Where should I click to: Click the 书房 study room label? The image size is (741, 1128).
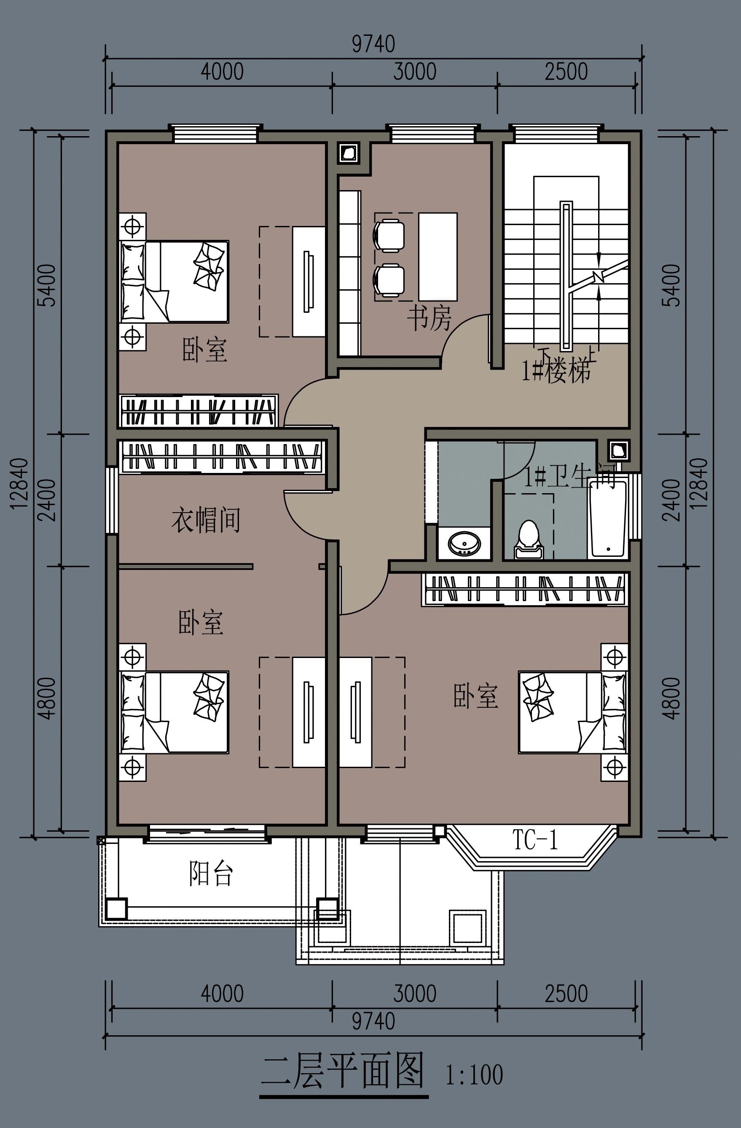point(429,317)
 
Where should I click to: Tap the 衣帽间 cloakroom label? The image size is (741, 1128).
point(206,520)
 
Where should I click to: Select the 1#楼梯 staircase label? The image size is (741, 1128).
point(556,370)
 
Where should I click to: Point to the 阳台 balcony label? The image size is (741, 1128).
point(211,873)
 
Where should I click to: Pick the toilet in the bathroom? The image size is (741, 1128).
point(528,540)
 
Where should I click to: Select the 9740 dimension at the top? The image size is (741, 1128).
point(373,44)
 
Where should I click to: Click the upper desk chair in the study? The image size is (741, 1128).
point(389,235)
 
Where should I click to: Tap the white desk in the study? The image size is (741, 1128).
point(438,256)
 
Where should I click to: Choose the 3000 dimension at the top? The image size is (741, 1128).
point(415,72)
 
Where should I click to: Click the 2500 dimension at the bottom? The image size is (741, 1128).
point(566,994)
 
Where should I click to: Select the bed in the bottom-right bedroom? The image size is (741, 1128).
point(573,712)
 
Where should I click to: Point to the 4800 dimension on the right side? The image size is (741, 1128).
point(671,698)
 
